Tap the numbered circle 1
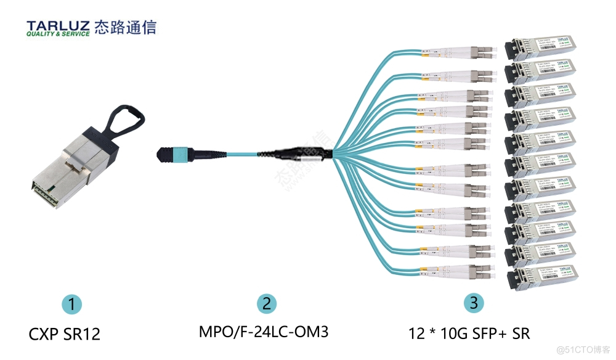72,304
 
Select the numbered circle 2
265,303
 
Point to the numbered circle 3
472,303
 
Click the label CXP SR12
64,334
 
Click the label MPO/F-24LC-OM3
263,332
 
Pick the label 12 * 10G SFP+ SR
469,333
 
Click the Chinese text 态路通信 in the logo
124,27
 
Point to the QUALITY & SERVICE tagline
58,34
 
